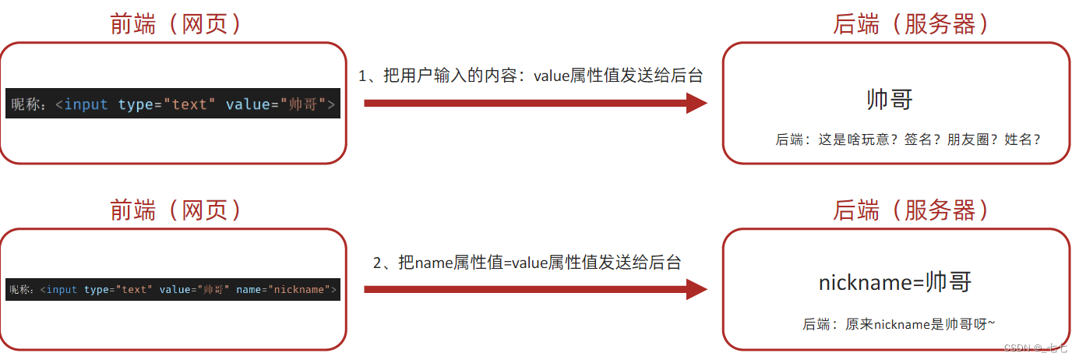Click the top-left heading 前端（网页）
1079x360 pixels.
(x=176, y=23)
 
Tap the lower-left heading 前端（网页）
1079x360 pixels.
(x=176, y=210)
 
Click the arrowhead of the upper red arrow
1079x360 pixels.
(x=696, y=103)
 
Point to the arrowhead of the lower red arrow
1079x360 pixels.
(x=696, y=290)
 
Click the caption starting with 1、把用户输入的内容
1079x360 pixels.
(x=531, y=76)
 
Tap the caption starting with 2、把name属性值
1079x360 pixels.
(x=527, y=263)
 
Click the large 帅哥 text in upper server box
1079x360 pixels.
(x=889, y=100)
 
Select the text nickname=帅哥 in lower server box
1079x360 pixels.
(x=895, y=282)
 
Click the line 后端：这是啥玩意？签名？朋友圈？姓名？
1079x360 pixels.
(x=908, y=139)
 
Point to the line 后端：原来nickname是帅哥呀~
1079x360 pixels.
(x=899, y=324)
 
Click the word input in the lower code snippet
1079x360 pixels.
(x=62, y=290)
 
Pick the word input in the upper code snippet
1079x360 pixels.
(x=86, y=104)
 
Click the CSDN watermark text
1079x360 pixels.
(x=1037, y=348)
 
